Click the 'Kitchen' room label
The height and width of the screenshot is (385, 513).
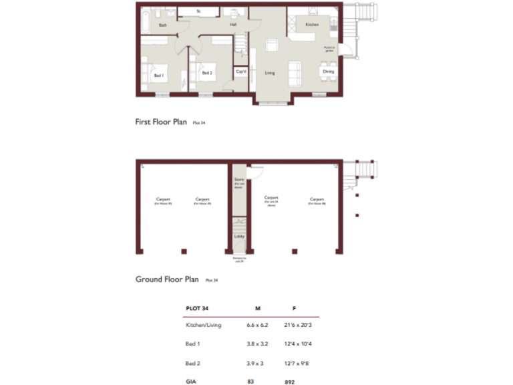[312, 25]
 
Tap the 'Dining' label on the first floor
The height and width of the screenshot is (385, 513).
[328, 71]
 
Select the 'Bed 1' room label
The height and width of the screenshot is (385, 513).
[159, 76]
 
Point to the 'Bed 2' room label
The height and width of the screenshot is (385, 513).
[207, 73]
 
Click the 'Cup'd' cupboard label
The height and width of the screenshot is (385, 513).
[240, 71]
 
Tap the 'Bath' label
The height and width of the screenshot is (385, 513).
[162, 25]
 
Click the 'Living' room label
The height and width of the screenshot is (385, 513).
[270, 73]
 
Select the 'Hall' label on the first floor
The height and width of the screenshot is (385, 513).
[233, 25]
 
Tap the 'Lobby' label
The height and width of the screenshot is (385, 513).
[238, 236]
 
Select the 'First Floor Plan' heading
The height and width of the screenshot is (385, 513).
[161, 122]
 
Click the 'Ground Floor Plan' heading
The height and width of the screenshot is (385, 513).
[167, 279]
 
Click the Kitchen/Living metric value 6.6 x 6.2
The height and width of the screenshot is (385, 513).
[258, 325]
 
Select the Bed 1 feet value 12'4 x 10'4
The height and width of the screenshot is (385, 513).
[295, 344]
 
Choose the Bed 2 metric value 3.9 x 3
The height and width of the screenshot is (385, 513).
[256, 363]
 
